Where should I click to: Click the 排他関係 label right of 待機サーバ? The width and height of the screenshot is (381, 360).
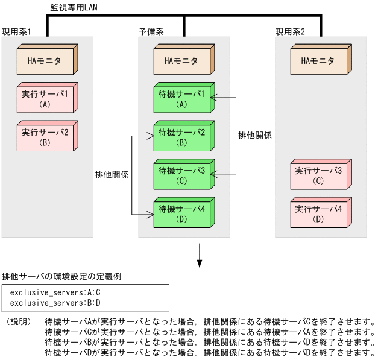[x=255, y=136]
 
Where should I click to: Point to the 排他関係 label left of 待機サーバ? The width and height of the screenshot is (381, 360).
[x=112, y=174]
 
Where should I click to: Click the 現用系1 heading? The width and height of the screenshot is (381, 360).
[x=16, y=31]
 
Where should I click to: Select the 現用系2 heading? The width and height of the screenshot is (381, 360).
[x=290, y=31]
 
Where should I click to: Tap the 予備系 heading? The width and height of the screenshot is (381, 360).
[x=151, y=31]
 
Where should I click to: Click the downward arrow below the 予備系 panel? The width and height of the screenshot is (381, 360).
[x=200, y=256]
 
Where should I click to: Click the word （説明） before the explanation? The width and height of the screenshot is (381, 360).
[x=18, y=322]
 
